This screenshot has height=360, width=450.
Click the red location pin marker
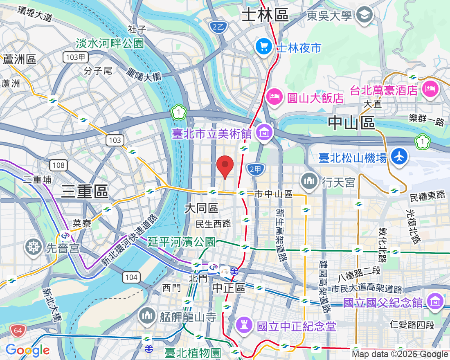[x=225, y=166]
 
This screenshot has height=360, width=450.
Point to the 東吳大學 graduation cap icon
[x=363, y=16]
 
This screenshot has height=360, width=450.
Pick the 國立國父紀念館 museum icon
[x=434, y=302]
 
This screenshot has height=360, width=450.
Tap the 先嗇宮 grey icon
[x=34, y=247]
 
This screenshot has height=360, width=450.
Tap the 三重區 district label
[x=84, y=191]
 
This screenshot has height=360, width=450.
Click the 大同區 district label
[x=201, y=208]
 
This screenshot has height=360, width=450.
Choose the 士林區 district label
[x=265, y=16]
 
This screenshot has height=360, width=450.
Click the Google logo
[x=27, y=350]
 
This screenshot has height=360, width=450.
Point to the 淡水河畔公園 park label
[x=110, y=43]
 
